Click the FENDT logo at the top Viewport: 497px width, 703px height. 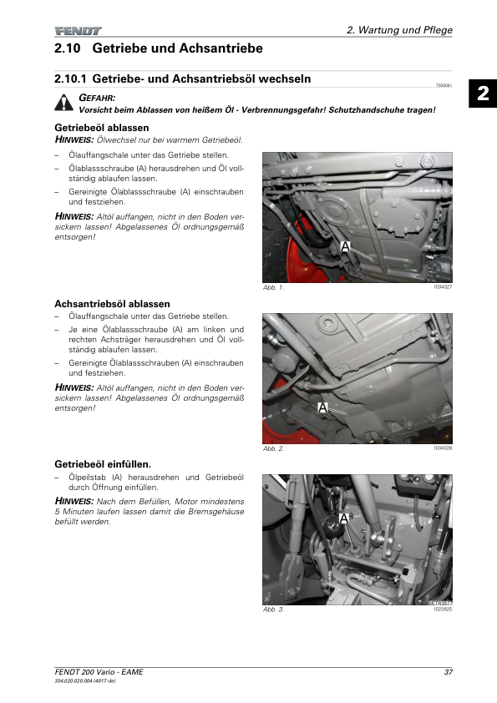[78, 31]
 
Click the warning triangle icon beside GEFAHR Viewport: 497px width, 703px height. [64, 103]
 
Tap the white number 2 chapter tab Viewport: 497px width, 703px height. [483, 94]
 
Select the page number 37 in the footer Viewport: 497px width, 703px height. [448, 672]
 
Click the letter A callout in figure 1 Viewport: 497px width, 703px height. [345, 246]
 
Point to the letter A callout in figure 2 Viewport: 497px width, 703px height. [322, 407]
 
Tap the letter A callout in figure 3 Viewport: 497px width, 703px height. [343, 518]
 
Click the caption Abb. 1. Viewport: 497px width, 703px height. [273, 287]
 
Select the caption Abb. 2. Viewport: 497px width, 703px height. [273, 448]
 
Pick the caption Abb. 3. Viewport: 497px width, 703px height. [273, 609]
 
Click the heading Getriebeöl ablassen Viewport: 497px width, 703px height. [102, 128]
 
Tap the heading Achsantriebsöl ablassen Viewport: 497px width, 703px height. [112, 304]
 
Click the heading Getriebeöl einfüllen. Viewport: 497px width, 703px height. [103, 464]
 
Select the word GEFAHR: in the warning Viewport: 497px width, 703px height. [97, 98]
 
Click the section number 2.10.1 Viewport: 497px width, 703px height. [70, 79]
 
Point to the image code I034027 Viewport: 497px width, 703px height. [443, 287]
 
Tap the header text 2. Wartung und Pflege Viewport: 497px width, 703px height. [399, 30]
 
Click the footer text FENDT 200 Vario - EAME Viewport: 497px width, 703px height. [99, 672]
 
